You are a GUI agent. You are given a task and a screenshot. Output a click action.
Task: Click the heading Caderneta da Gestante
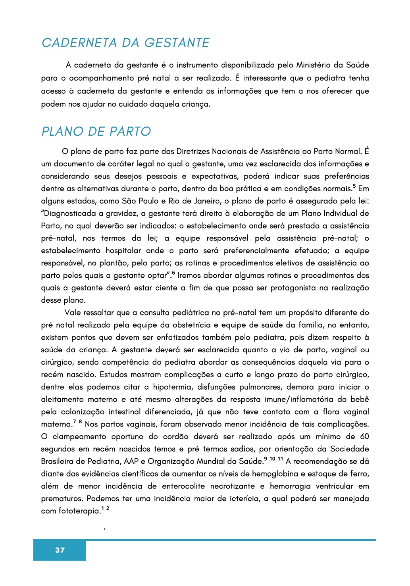125,43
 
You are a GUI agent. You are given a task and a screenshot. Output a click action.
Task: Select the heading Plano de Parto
96,131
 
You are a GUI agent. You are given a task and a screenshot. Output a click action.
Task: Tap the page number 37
60,550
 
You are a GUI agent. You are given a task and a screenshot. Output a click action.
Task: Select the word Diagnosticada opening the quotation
68,213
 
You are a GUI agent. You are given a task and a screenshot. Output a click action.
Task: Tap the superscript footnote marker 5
354,186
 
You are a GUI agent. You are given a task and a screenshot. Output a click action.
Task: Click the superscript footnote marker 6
173,273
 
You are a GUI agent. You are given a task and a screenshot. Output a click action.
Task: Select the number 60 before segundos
364,436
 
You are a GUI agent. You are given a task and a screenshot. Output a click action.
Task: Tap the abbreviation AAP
131,461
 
